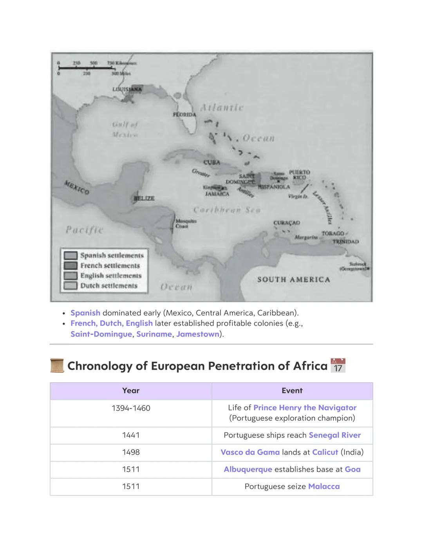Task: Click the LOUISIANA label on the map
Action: point(127,89)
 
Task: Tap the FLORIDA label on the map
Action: point(184,115)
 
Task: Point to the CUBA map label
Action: point(211,162)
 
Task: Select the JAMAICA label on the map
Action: point(217,194)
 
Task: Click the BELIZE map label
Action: point(144,199)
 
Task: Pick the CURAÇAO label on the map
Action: point(287,223)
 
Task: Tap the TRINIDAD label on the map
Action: point(345,242)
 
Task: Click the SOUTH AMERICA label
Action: point(293,280)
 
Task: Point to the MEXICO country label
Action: point(77,188)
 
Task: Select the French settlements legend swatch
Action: point(70,265)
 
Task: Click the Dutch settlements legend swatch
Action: point(70,286)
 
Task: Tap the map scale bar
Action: point(87,68)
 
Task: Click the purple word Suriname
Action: point(154,334)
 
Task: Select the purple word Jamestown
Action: point(197,334)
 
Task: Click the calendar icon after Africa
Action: point(338,365)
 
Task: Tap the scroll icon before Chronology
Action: point(57,365)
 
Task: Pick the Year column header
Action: point(131,391)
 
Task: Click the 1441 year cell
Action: point(131,435)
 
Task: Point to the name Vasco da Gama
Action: point(250,452)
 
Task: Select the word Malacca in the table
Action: point(324,486)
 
